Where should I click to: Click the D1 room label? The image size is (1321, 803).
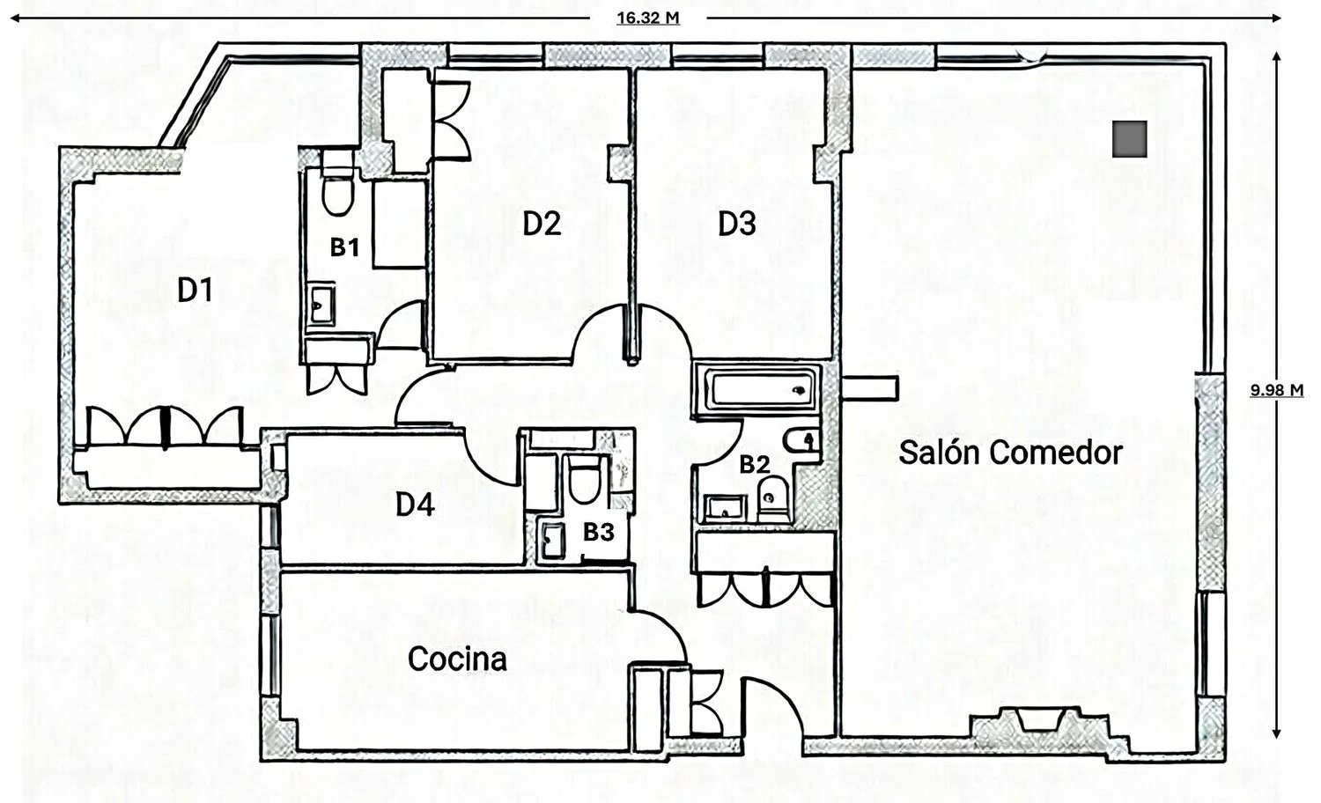click(x=195, y=291)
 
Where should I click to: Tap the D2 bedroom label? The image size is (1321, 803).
click(x=542, y=224)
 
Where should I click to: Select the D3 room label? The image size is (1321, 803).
click(x=736, y=224)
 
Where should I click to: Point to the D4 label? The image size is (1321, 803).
click(x=415, y=505)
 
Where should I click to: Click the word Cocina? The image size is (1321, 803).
click(x=457, y=659)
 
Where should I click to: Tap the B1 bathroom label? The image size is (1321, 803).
click(x=344, y=247)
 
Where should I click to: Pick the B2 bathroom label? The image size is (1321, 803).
click(x=754, y=465)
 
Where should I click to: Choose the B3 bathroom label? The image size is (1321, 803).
click(x=599, y=532)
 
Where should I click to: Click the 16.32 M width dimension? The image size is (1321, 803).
click(x=648, y=18)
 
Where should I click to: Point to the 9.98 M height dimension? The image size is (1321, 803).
click(x=1277, y=390)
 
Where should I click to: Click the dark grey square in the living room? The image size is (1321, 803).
click(x=1129, y=139)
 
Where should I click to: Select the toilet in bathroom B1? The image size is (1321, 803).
click(x=338, y=184)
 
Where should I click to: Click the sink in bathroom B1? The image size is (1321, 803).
click(x=321, y=305)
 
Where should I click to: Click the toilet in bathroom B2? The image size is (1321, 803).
click(x=774, y=499)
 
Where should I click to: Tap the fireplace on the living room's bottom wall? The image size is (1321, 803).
click(x=1040, y=720)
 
